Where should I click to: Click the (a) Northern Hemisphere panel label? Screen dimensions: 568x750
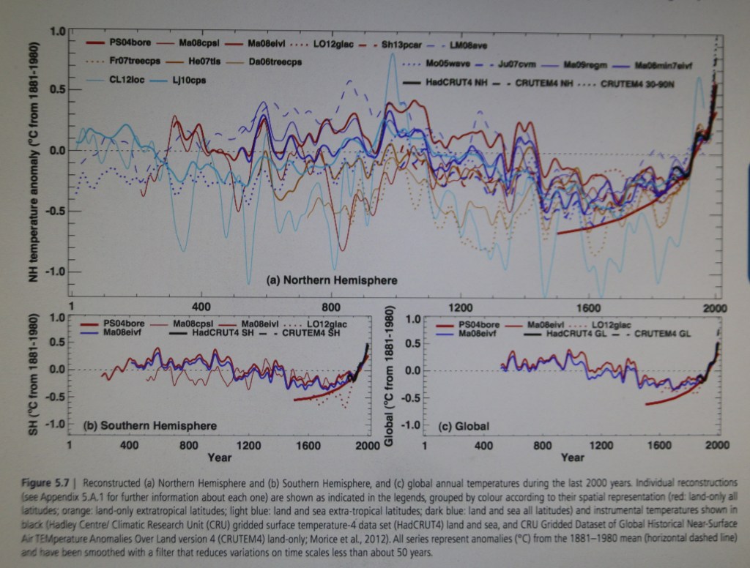(x=331, y=280)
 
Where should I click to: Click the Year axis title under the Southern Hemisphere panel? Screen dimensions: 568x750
(x=219, y=458)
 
